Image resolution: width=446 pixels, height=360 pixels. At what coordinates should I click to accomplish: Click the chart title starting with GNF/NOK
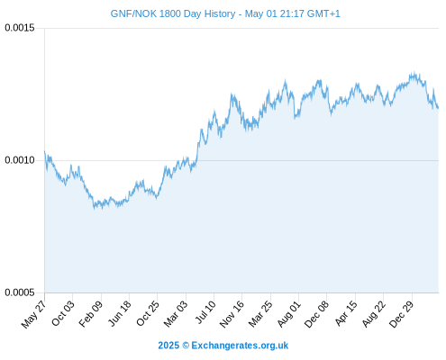pos(225,13)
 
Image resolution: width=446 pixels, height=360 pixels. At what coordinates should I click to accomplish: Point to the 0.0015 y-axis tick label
pos(20,28)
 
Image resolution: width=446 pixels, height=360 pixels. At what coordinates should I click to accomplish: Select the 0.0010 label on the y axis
pos(20,160)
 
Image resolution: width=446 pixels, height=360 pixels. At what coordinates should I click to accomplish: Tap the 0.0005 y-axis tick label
pos(20,292)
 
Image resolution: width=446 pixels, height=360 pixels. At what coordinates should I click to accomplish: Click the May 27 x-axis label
pos(33,314)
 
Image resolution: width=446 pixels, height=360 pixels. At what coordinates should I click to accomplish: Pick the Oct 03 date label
pos(62,313)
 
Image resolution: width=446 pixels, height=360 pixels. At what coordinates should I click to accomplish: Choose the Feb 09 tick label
pos(91,313)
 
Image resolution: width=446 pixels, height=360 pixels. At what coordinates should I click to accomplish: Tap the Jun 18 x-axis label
pos(120,313)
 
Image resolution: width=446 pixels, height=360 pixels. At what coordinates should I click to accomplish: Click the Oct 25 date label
pos(147,313)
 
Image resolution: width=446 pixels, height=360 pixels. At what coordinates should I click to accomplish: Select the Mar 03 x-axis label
pos(176,313)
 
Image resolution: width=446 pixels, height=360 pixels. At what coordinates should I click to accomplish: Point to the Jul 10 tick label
pos(205,312)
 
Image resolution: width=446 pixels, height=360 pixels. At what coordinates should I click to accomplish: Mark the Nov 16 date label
pos(232,314)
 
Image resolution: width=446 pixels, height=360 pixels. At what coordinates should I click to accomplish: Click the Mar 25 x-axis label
pos(260,313)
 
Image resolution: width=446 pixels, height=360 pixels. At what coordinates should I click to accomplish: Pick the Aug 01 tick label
pos(288,313)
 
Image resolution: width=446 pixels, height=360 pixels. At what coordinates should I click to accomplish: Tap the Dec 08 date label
pos(316,314)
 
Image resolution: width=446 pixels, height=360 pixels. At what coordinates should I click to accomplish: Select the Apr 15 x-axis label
pos(346,313)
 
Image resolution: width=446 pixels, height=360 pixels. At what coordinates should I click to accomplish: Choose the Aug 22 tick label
pos(373,313)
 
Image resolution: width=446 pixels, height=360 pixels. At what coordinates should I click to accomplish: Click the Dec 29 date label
pos(401,314)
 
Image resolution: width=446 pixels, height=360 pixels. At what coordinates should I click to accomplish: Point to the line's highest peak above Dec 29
pos(414,72)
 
